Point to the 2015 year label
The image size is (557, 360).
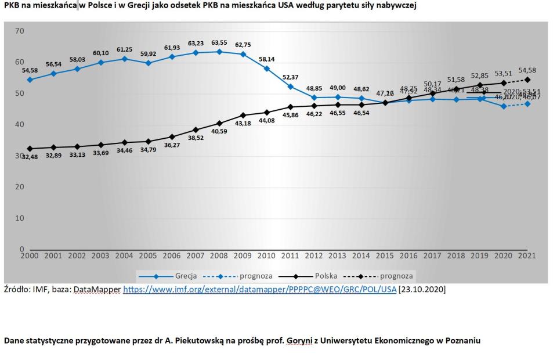coord(384,255)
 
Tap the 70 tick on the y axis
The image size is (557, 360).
coord(20,31)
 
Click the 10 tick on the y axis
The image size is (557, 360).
coord(20,218)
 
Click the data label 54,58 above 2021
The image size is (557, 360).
coord(527,70)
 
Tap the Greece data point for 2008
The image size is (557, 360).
coord(219,51)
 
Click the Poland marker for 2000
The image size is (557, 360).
coord(30,149)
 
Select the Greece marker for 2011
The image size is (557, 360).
coord(290,87)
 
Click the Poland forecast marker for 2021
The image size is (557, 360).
coord(527,80)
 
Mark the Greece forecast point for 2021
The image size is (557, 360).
coord(527,104)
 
